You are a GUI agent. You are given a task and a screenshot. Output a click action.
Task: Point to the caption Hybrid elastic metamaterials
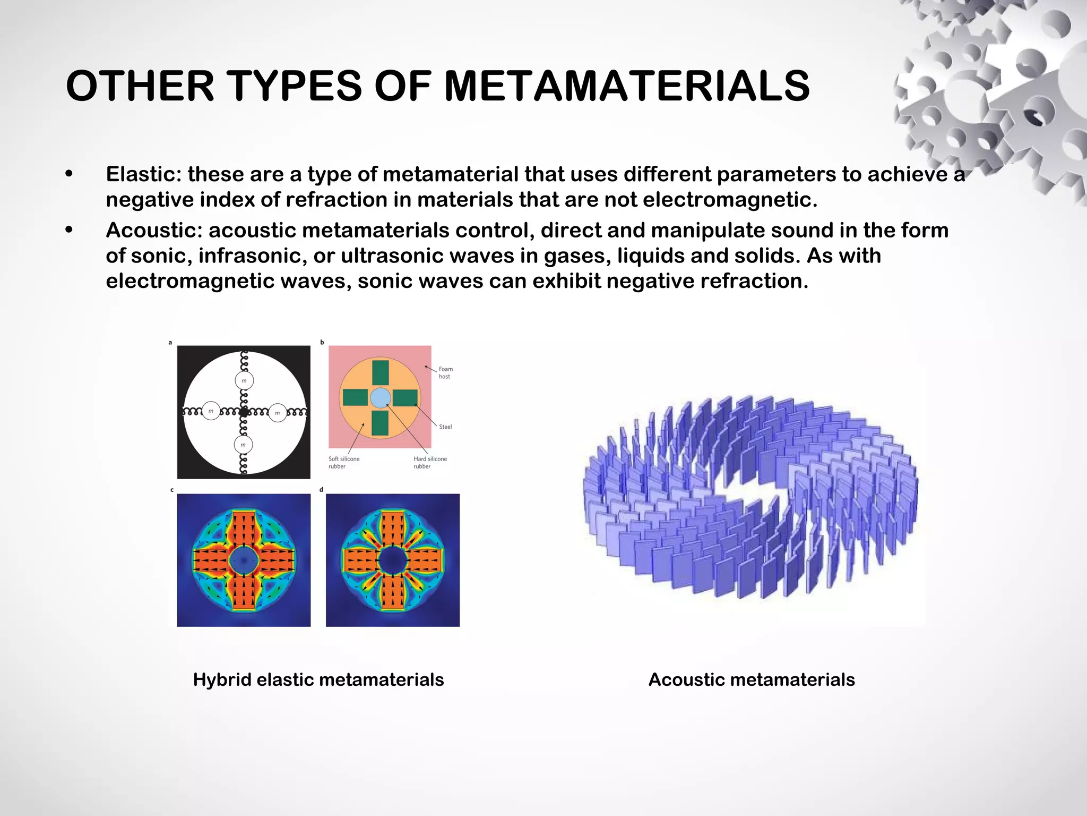click(318, 679)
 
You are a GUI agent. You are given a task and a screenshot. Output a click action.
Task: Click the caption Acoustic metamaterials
click(752, 679)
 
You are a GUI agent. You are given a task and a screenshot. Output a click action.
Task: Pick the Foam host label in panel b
click(445, 373)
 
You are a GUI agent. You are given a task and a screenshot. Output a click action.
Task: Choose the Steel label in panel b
click(445, 427)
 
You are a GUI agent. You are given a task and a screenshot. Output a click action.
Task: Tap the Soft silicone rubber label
click(343, 462)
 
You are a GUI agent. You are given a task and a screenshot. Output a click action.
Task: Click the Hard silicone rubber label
click(430, 462)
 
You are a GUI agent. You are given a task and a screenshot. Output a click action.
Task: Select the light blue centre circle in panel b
click(380, 398)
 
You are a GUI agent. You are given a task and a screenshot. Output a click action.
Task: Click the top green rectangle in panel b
click(380, 372)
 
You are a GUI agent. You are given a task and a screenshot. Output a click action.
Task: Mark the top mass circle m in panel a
click(244, 380)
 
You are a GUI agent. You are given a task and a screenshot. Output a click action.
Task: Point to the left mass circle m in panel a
click(211, 411)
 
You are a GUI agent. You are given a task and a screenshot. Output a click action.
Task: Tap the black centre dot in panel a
click(244, 412)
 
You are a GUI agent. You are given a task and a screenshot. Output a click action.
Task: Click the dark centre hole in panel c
click(244, 560)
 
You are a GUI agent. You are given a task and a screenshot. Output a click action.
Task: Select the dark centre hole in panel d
click(392, 560)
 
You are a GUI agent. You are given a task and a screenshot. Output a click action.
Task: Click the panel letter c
click(172, 490)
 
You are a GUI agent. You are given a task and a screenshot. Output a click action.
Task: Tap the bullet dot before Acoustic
click(68, 230)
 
